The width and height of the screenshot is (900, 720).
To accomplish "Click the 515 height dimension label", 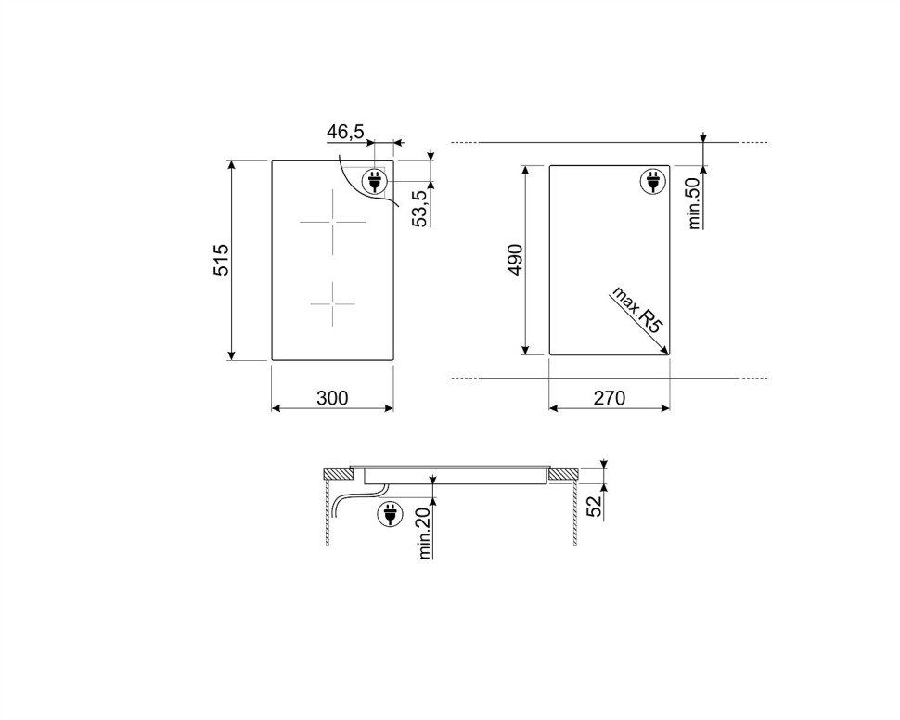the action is click(222, 260).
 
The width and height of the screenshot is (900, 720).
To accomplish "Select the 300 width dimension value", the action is click(332, 398).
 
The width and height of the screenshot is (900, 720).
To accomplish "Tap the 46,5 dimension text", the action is click(345, 132).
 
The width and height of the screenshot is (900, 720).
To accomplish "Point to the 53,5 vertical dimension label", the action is click(422, 209).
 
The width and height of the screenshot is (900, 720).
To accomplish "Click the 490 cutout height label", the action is click(515, 260).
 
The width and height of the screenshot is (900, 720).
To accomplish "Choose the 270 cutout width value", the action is click(609, 398).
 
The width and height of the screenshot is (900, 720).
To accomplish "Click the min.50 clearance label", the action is click(694, 203).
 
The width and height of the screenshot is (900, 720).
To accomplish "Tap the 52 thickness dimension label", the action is click(596, 506).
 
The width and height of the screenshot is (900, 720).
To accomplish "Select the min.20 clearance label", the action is click(425, 534).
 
